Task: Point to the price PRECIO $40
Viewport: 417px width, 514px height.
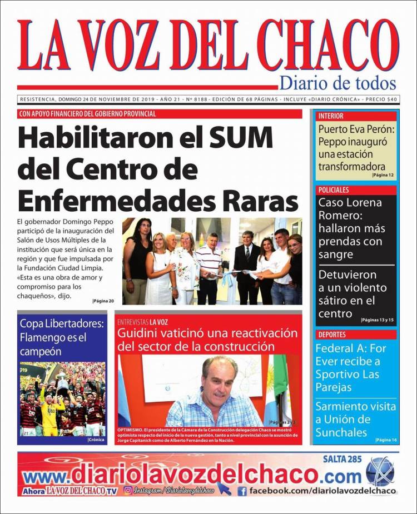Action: (x=382, y=99)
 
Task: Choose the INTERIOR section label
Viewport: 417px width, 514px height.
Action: (x=331, y=116)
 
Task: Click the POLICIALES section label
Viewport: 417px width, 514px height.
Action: (x=334, y=190)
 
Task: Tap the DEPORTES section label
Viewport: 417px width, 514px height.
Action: (x=332, y=335)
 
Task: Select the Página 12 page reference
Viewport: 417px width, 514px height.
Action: (x=383, y=175)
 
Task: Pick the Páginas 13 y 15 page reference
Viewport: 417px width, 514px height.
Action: (x=377, y=320)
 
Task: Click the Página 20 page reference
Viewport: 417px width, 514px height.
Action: (x=103, y=301)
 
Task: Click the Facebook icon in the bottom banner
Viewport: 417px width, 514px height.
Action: (x=242, y=491)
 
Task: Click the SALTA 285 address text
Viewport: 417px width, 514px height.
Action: (x=342, y=459)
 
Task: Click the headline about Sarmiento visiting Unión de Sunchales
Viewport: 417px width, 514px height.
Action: (x=355, y=419)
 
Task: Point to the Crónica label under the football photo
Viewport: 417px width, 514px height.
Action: (x=96, y=440)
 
